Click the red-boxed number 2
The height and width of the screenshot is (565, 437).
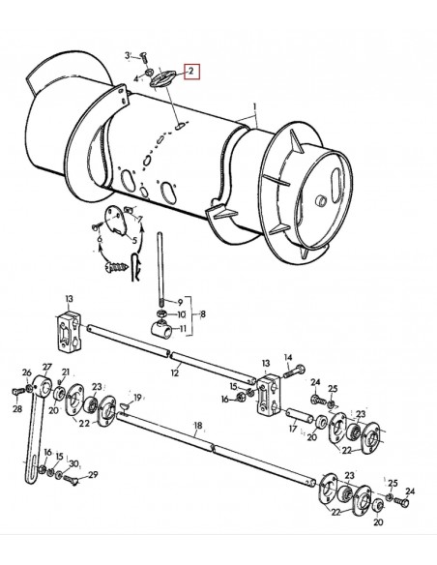click(191, 72)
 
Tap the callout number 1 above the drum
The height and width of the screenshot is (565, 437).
click(255, 105)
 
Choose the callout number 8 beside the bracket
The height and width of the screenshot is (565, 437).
click(201, 314)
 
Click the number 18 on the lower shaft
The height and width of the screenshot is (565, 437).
click(197, 425)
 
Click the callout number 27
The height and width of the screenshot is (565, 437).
click(45, 367)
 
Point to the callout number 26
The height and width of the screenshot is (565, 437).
click(27, 372)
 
